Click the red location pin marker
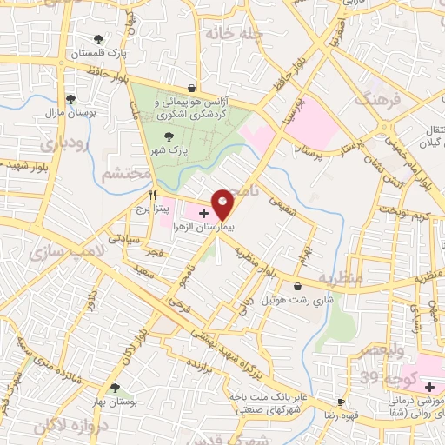(x=222, y=203)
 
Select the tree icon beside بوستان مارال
(x=70, y=99)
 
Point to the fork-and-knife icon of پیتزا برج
(x=153, y=196)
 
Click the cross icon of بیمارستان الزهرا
(x=203, y=212)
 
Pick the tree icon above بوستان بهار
(x=115, y=389)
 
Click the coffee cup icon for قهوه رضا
(x=340, y=402)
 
